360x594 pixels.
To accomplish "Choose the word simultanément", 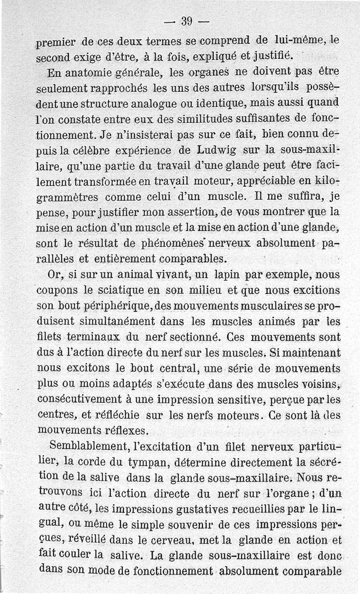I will click(118, 321).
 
